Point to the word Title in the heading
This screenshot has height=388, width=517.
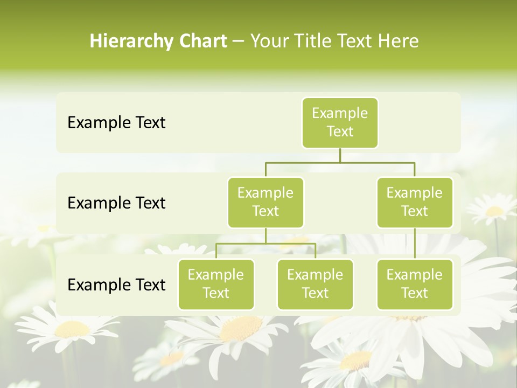(x=311, y=41)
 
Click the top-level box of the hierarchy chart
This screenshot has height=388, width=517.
(x=340, y=122)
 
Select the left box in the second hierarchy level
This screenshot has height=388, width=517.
(x=266, y=202)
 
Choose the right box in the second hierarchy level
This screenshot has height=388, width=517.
(x=415, y=202)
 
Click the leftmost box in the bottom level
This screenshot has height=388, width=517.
(x=216, y=284)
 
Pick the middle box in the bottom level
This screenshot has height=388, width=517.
(x=315, y=284)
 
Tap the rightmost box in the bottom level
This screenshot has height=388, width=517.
(x=415, y=284)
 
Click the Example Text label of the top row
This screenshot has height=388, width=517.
(x=116, y=123)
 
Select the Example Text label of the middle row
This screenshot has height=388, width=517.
(x=116, y=203)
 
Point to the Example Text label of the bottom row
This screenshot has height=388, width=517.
(x=116, y=285)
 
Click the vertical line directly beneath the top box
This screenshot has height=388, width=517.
(x=340, y=155)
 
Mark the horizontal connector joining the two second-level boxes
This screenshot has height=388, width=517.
(x=340, y=162)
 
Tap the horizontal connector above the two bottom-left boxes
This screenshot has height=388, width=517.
(x=266, y=244)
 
